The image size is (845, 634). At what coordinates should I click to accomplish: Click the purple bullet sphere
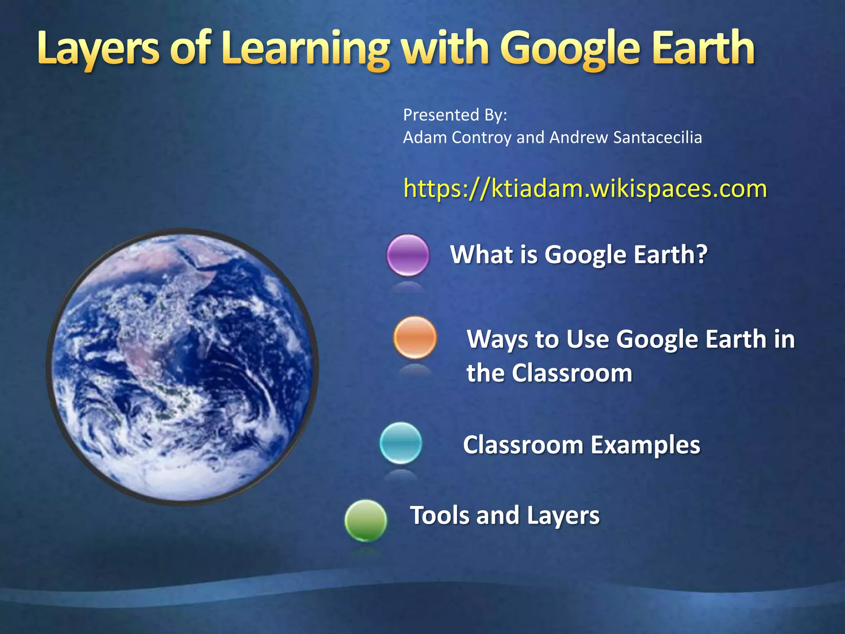point(408,255)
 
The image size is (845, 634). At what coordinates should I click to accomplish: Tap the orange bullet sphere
point(415,337)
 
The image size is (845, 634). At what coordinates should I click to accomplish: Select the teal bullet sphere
point(401,443)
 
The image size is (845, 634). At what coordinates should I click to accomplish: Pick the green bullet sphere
point(366,520)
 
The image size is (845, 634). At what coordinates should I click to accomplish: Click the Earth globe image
point(182,367)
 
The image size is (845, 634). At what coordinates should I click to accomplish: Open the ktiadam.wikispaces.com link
point(585,189)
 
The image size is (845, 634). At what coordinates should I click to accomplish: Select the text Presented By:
point(455,115)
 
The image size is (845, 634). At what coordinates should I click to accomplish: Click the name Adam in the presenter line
point(425,137)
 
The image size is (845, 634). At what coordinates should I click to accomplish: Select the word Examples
point(645,445)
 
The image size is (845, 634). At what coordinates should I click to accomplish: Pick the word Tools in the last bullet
point(440,516)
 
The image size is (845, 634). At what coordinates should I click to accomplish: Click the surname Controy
point(482,137)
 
